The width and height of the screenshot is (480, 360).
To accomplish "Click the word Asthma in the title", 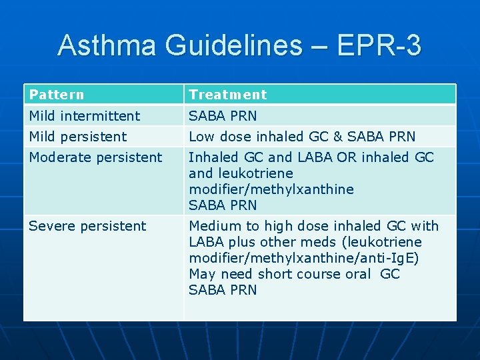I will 107,45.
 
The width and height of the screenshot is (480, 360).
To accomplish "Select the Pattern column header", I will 57,95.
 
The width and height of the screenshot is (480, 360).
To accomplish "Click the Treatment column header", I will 227,95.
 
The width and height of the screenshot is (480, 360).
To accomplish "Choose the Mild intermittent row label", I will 85,116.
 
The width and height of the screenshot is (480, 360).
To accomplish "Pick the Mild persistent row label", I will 78,137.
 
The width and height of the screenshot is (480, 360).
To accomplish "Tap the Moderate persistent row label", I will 95,157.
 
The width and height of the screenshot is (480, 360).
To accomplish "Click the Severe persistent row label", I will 87,226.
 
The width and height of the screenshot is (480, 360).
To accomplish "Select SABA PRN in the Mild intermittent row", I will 223,116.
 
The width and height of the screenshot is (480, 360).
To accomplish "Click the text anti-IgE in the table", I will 393,258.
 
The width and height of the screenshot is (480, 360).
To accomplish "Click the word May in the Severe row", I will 201,274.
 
